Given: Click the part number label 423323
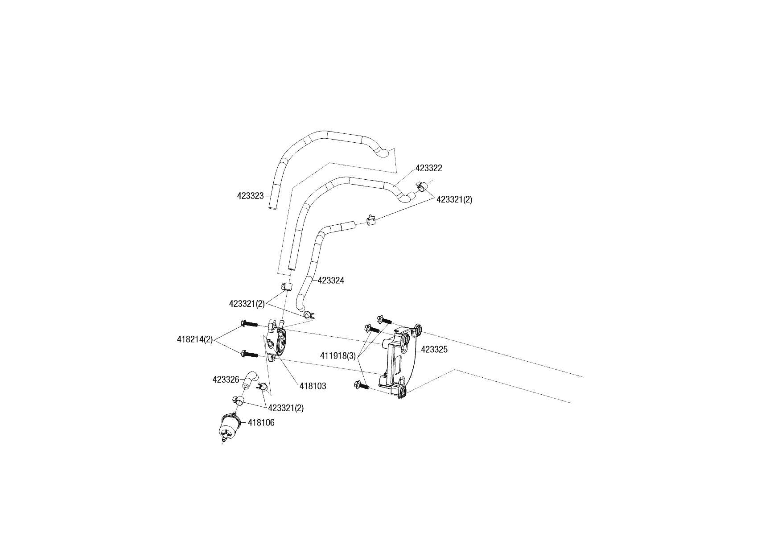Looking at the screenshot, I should click(x=250, y=195).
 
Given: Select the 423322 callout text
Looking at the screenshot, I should click(x=428, y=168).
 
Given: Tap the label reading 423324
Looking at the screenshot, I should click(x=331, y=281).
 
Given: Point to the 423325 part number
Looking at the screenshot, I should click(x=434, y=350).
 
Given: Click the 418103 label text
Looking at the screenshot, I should click(x=313, y=386).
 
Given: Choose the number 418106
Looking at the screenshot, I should click(x=261, y=422).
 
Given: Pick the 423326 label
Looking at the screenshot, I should click(x=226, y=380).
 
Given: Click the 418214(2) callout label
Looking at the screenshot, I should click(x=195, y=339).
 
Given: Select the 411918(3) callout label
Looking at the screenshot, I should click(x=338, y=356).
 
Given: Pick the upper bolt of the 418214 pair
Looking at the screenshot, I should click(x=249, y=324).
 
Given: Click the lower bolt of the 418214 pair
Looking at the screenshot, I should click(x=249, y=355).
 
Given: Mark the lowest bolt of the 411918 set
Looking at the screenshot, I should click(x=360, y=385).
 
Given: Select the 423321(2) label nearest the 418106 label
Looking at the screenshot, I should click(x=286, y=408).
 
